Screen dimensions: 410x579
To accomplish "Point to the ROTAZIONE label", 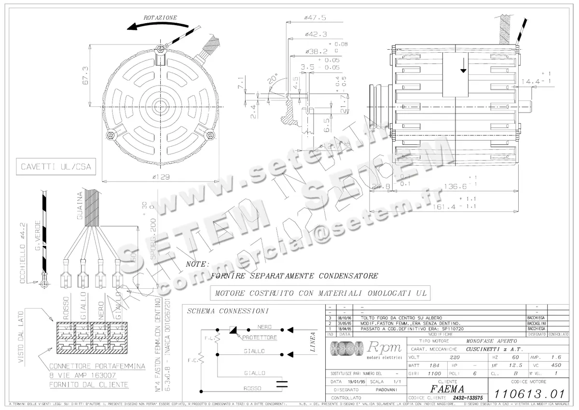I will (160, 18).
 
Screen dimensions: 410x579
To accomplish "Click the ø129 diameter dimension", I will (160, 177).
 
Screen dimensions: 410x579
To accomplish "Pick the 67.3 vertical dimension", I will (86, 76).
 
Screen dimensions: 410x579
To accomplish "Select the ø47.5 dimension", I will (316, 17).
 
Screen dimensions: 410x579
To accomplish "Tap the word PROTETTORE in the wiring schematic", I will (260, 338).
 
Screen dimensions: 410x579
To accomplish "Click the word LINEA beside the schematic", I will (312, 342).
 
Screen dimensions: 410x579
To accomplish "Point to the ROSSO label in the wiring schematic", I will (252, 389).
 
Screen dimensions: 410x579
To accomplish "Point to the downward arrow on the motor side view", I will (464, 70).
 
